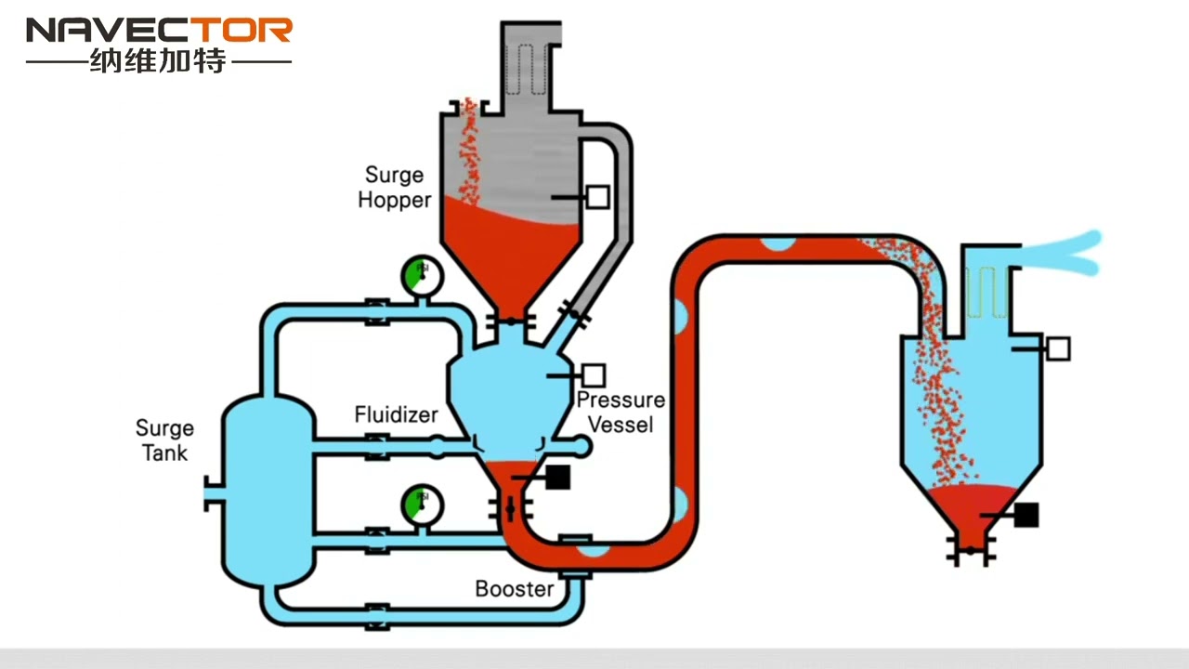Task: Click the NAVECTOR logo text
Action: point(159,31)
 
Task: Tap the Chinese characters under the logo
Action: point(158,62)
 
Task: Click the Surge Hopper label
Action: point(395,187)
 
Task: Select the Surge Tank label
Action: point(164,440)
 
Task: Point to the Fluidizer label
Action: point(396,414)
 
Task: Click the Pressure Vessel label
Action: point(621,412)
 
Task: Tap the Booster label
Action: point(514,588)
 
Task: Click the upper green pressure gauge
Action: point(421,275)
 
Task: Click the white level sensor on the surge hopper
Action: point(597,196)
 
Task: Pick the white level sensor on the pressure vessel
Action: point(594,375)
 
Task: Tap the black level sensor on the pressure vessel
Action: point(556,477)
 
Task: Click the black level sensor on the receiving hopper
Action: point(1026,515)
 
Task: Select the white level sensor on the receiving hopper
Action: point(1058,348)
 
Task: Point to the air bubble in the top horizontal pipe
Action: point(778,244)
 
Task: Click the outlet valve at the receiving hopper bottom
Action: point(970,551)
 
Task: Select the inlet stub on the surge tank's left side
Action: point(213,493)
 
